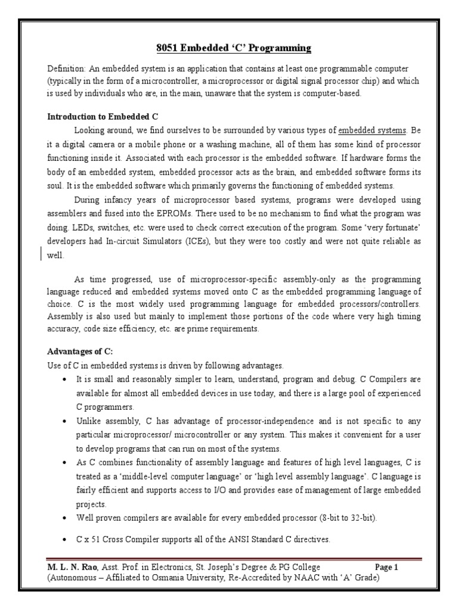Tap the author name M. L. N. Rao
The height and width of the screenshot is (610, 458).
(72, 567)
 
